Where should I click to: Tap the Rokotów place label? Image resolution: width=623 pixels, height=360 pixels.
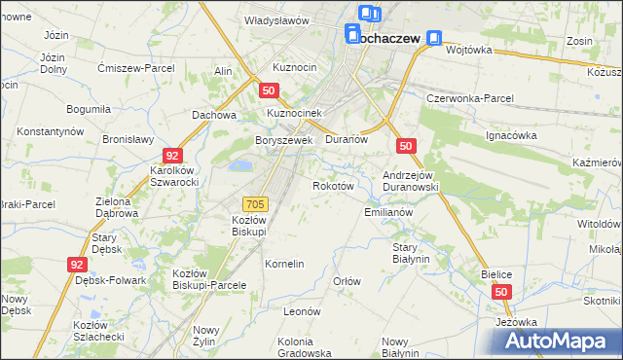[x=331, y=185]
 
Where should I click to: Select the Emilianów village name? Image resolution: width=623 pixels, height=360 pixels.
[x=389, y=212]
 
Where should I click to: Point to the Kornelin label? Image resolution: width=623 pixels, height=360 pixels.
[x=285, y=264]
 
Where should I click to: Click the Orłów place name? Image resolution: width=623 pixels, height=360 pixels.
[x=348, y=281]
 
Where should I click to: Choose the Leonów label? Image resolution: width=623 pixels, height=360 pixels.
[x=302, y=311]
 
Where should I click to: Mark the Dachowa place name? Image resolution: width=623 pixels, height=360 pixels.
[x=215, y=115]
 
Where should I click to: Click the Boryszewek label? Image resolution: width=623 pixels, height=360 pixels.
[x=283, y=140]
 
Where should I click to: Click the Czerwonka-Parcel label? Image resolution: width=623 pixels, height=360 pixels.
[x=470, y=99]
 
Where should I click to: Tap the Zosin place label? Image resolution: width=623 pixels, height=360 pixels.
[x=580, y=42]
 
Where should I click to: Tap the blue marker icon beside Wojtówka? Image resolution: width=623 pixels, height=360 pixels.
[x=433, y=40]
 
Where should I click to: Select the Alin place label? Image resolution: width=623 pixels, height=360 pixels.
[x=223, y=72]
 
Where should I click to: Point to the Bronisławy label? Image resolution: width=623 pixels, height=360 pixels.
[x=128, y=139]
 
